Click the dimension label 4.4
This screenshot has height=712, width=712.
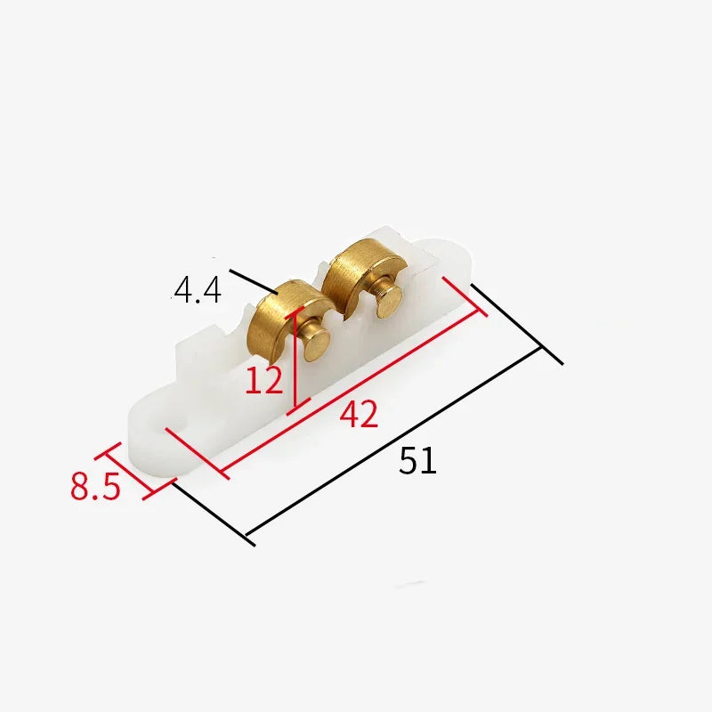pos(198,290)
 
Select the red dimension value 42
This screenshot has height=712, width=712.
pos(359,413)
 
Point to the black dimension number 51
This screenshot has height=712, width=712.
pos(417,460)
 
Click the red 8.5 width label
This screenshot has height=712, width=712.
pos(95,486)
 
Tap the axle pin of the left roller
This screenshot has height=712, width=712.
pos(316,342)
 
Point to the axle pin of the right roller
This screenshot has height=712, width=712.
pos(388,299)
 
